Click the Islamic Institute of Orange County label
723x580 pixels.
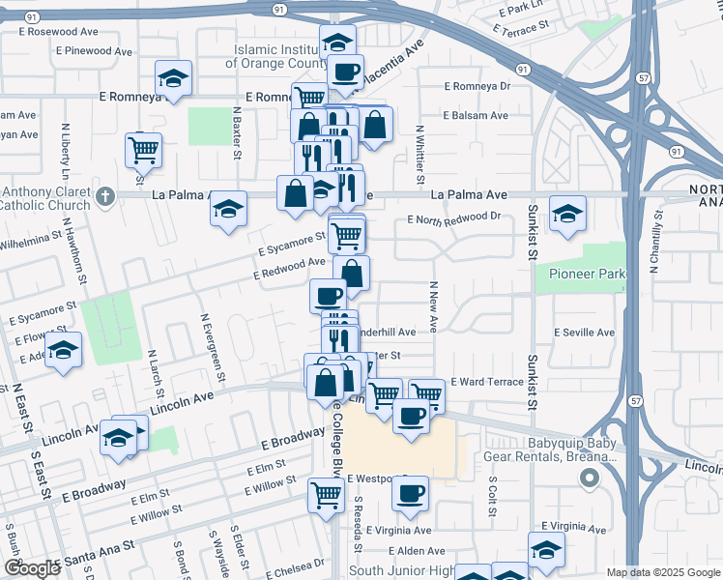[276, 56]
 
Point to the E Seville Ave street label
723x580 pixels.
[584, 333]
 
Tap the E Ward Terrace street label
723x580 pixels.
[486, 383]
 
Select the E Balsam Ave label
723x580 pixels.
[476, 116]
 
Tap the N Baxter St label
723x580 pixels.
[236, 135]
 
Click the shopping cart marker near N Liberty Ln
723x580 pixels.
[143, 149]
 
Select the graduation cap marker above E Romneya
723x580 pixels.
[174, 77]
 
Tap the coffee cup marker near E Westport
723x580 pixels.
[410, 492]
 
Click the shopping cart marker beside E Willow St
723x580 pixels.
[327, 494]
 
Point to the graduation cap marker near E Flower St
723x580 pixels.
[64, 349]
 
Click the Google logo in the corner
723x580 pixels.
[33, 568]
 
